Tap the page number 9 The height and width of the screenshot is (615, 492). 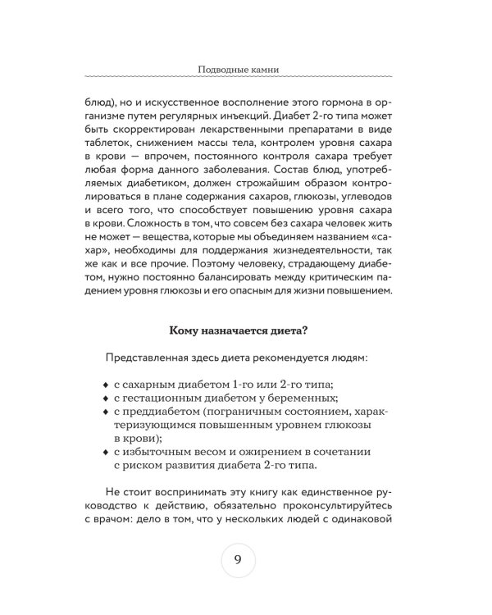[238, 560]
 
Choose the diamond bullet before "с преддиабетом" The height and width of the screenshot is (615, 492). [104, 417]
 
